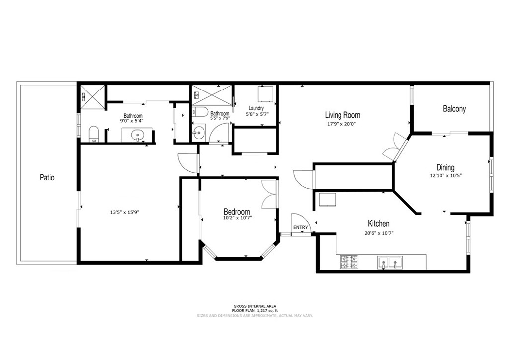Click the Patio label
click(x=47, y=178)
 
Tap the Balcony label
click(x=454, y=109)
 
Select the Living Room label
click(x=342, y=115)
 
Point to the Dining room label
click(x=445, y=168)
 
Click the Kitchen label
click(x=378, y=223)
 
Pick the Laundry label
click(x=256, y=108)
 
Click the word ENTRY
click(x=301, y=228)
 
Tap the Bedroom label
click(x=237, y=212)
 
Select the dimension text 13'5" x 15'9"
click(x=125, y=213)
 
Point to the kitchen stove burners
click(x=349, y=262)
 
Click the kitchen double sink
click(x=390, y=262)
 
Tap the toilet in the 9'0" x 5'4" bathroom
click(x=94, y=134)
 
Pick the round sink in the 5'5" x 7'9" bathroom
click(x=198, y=133)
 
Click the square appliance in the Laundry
click(x=265, y=94)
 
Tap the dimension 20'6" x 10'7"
click(x=379, y=233)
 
